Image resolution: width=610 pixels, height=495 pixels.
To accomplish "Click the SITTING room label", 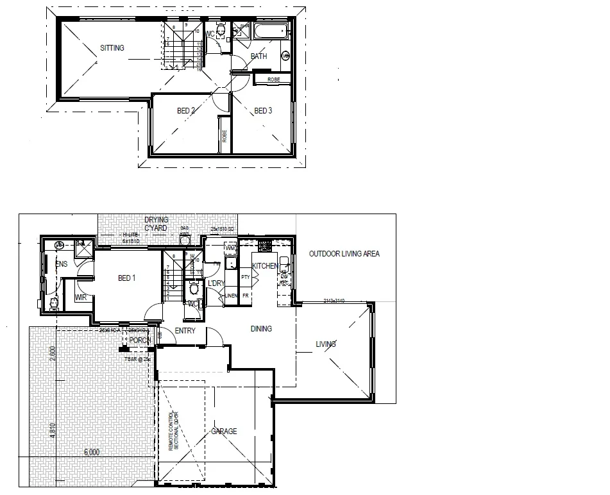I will click(x=112, y=48).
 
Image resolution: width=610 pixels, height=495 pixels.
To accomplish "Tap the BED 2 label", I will click(x=186, y=111).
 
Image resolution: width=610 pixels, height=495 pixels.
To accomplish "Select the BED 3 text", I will click(x=263, y=111).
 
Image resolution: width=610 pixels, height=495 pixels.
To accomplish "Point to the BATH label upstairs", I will click(x=258, y=56).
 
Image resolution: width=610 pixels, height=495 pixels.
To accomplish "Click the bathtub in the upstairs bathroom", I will click(x=269, y=30).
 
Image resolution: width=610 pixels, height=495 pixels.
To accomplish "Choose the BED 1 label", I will click(x=128, y=278).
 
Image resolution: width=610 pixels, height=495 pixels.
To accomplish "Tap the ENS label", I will click(x=62, y=264).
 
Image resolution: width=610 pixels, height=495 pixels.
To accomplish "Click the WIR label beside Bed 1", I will click(x=80, y=298).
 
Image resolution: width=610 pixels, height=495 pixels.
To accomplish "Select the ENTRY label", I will click(x=185, y=331).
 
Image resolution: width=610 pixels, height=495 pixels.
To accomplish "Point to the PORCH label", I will click(x=139, y=340).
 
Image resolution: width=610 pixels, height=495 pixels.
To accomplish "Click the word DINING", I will click(x=261, y=329).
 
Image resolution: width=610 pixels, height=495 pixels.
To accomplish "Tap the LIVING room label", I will click(x=326, y=345).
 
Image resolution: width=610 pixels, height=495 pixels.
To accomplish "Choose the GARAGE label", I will click(x=224, y=432).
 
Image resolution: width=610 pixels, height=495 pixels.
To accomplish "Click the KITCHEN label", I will click(x=264, y=265).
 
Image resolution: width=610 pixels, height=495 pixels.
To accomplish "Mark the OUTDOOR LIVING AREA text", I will click(x=344, y=254).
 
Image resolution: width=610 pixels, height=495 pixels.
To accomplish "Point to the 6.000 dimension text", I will click(x=92, y=452).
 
